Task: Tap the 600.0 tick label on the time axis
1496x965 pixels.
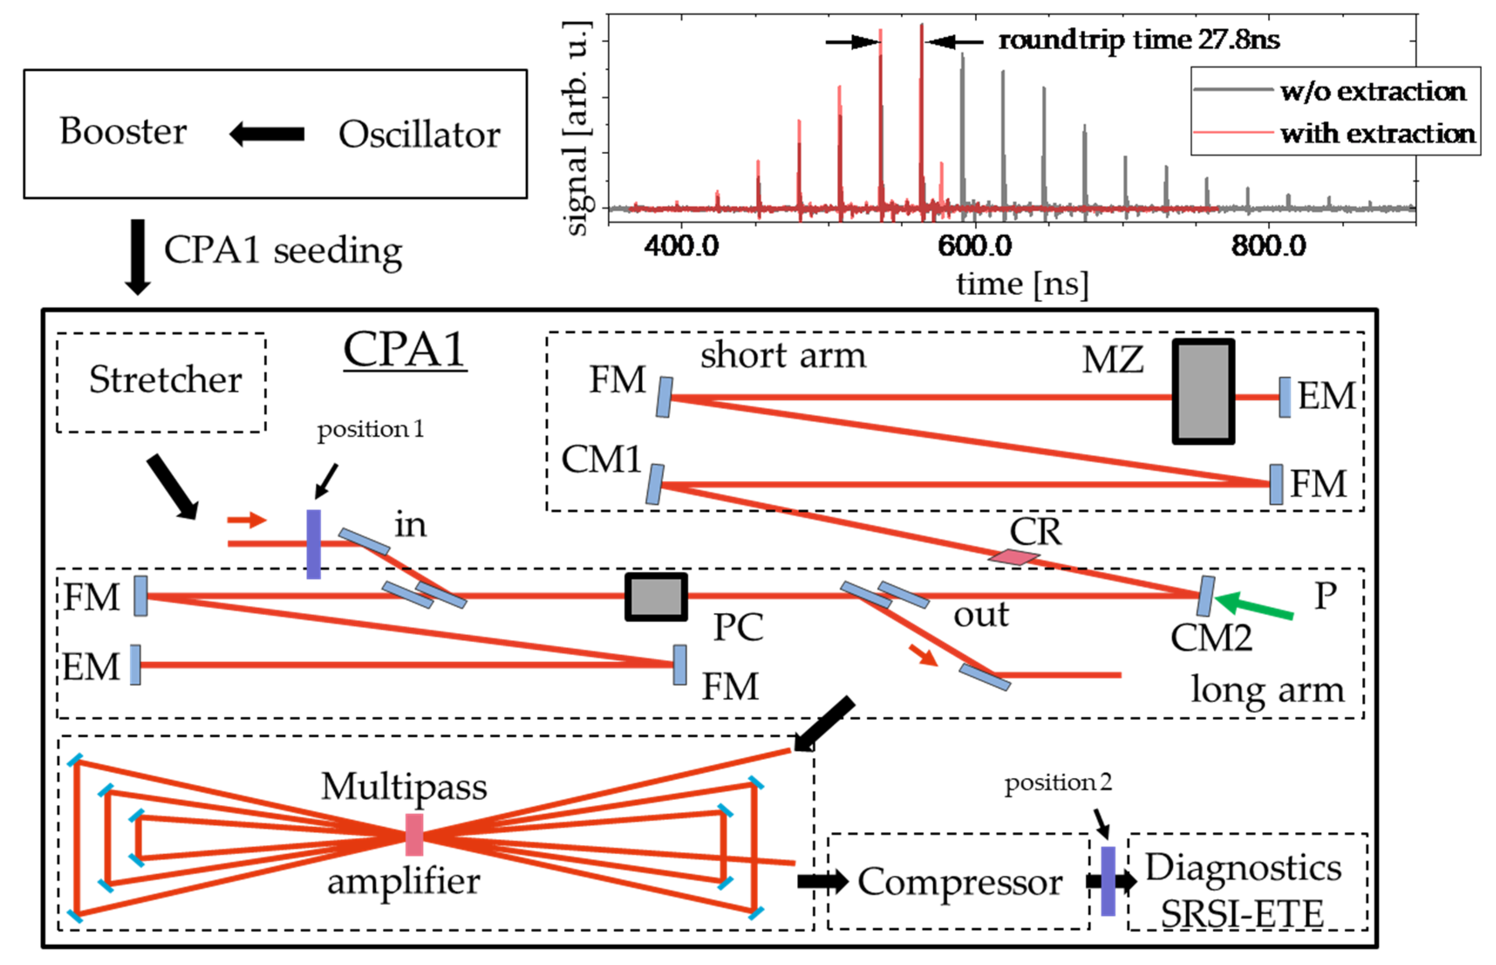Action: [975, 246]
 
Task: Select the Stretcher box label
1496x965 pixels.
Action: [165, 380]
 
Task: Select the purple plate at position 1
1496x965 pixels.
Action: [314, 544]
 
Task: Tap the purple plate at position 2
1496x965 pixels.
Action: [1108, 881]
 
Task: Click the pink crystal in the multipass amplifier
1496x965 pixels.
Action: [414, 835]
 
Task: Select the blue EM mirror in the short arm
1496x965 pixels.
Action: [1284, 397]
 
